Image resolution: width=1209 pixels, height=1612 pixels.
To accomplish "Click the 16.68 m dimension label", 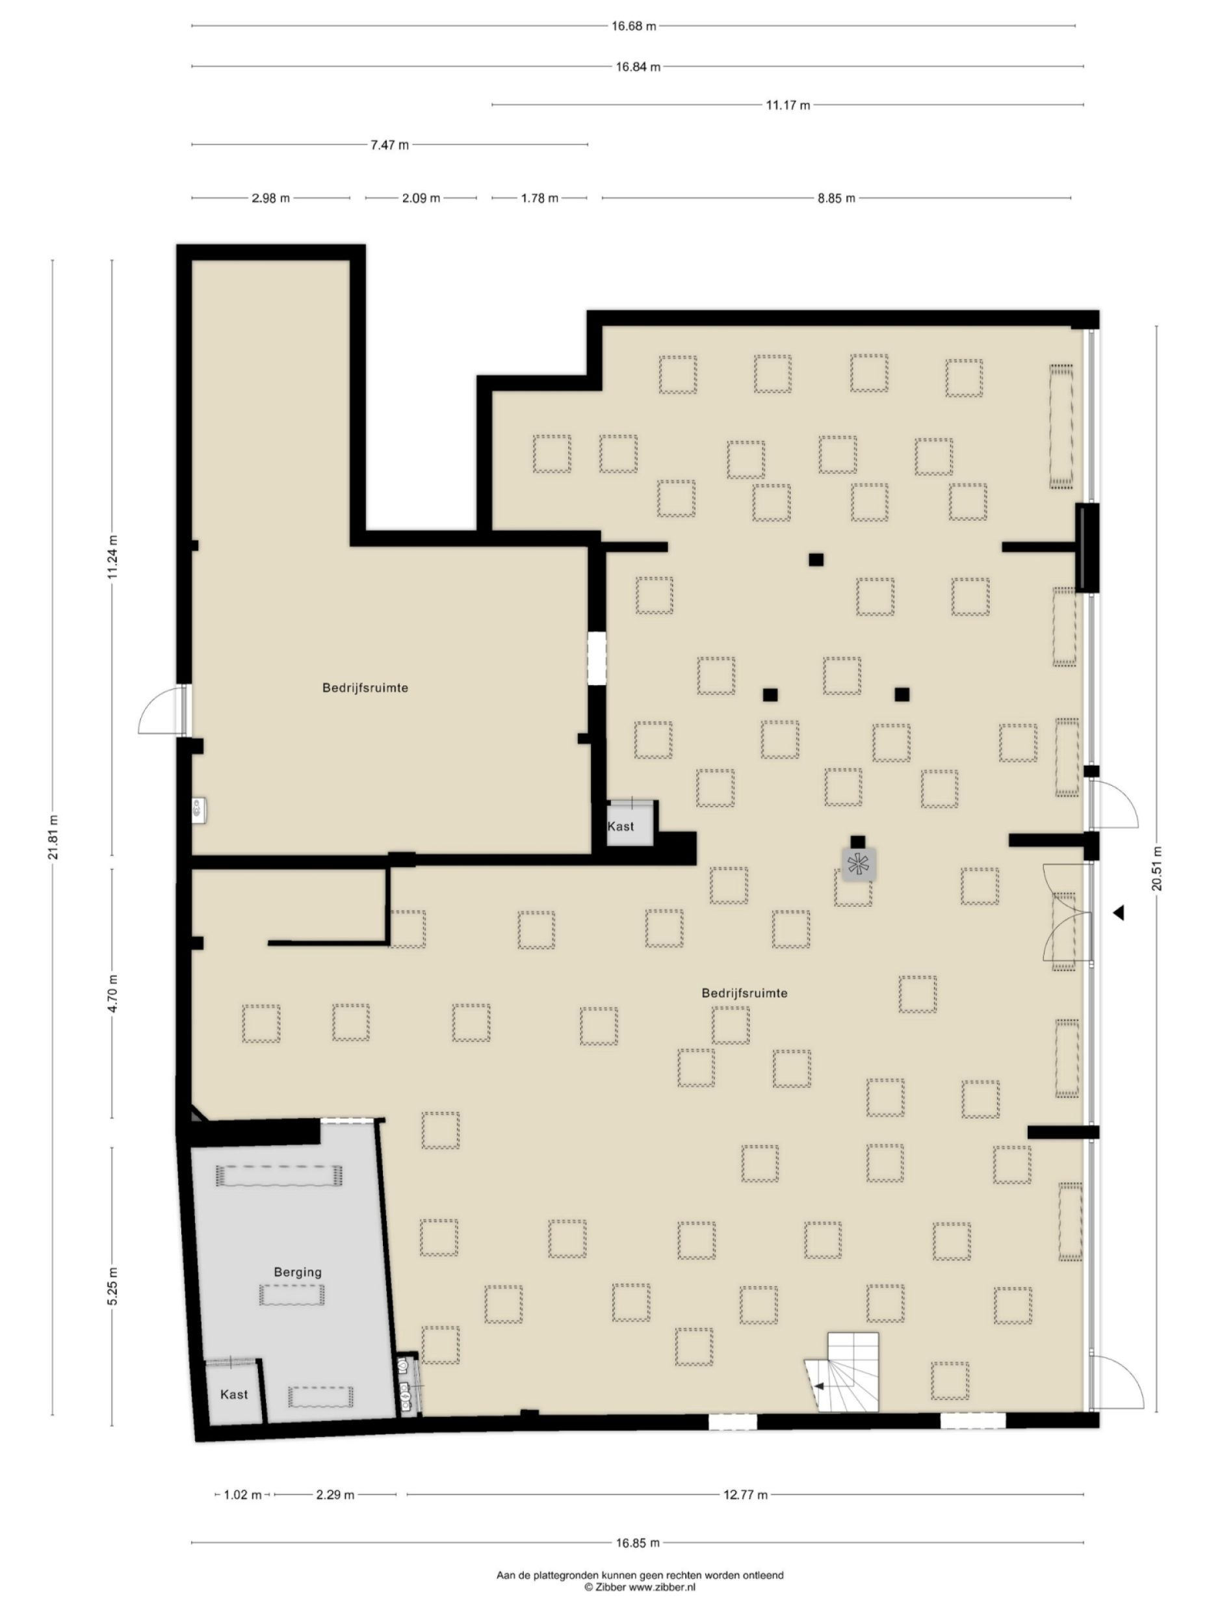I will click(632, 26).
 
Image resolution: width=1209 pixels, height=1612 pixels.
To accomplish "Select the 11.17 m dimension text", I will click(787, 105).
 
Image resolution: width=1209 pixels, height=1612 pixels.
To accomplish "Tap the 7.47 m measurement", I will click(389, 145).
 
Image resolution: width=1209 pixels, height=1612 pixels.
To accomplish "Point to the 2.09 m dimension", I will click(421, 198).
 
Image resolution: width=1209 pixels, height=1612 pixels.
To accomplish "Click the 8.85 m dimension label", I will click(835, 198).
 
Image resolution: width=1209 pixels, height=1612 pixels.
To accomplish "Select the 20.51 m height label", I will click(1156, 868).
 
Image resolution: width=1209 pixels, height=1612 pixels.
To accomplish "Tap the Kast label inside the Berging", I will click(234, 1394).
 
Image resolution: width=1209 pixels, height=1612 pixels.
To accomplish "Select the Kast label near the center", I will click(620, 826).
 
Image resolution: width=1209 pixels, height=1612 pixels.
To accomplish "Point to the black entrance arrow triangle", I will click(1119, 912).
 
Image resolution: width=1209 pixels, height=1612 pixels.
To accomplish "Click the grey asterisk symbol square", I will click(859, 865).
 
